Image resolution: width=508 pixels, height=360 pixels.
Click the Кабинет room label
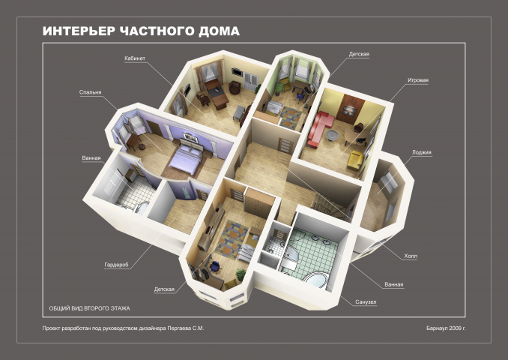(135, 58)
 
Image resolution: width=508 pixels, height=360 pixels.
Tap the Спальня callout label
(91, 92)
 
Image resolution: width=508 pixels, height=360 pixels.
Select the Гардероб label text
(116, 265)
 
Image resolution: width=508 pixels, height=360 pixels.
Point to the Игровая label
(418, 80)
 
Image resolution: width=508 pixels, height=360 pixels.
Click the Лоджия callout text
(422, 152)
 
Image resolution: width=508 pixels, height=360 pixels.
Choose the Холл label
(411, 256)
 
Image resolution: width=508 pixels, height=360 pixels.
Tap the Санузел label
(366, 302)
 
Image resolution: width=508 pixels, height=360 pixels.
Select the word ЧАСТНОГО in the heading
(157, 31)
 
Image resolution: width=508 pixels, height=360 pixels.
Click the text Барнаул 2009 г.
(446, 328)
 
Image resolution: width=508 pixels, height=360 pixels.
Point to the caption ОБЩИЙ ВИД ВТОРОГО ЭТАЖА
(89, 308)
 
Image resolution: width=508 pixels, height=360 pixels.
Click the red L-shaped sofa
(318, 129)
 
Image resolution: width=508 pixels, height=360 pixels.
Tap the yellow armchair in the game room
(355, 160)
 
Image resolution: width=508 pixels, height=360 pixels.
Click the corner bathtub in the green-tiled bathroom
(316, 280)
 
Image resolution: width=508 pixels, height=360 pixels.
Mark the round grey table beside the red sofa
(331, 135)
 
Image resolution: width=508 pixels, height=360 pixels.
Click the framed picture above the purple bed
(190, 137)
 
